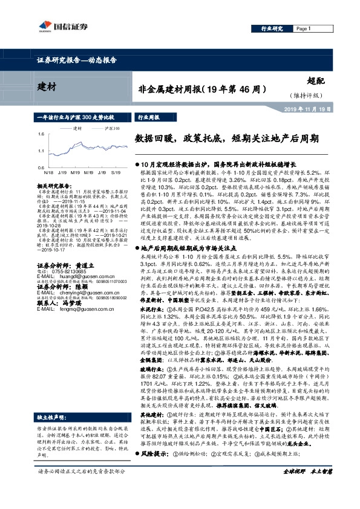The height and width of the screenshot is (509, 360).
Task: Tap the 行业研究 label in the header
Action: coord(272,28)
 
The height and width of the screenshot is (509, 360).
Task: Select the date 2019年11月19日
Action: coord(330,109)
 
